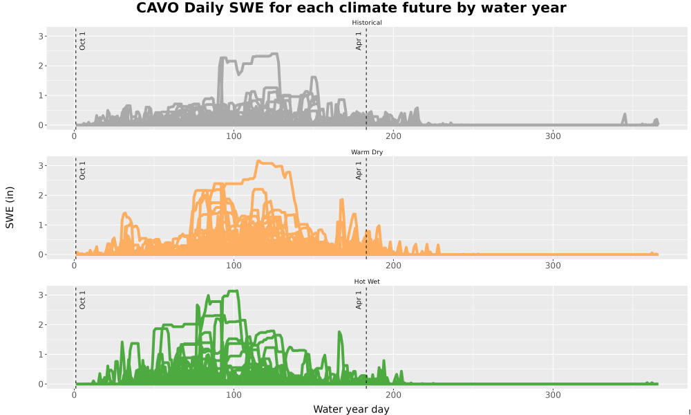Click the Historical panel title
[367, 23]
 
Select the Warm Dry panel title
[367, 152]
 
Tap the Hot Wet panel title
[367, 282]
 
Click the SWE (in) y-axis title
[10, 207]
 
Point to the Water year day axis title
[351, 409]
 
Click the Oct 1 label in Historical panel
[82, 41]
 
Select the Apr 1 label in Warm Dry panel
[359, 170]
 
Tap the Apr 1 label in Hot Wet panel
[359, 299]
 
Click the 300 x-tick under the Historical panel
[553, 136]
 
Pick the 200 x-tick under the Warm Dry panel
[394, 266]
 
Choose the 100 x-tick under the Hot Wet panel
[234, 395]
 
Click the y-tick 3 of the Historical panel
[41, 36]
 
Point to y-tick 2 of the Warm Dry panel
[41, 195]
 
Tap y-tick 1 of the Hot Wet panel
[41, 355]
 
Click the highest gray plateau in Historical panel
[265, 55]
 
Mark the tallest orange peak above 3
[259, 161]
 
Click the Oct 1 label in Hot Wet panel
[82, 299]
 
